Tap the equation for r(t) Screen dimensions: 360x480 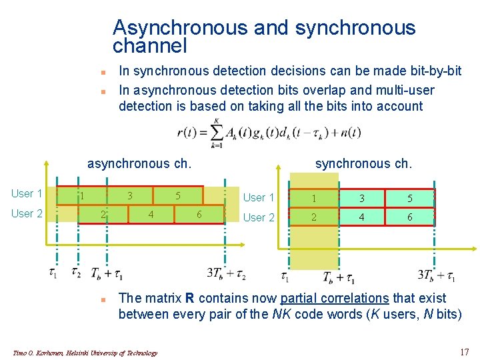[269, 133]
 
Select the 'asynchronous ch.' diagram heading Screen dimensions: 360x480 [140, 163]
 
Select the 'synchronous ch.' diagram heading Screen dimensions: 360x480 [364, 163]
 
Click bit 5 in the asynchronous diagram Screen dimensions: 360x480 [178, 196]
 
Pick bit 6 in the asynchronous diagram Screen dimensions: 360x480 [199, 214]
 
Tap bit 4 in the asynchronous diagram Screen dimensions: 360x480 [151, 214]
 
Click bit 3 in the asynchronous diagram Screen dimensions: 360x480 [131, 196]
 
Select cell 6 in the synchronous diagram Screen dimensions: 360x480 [410, 217]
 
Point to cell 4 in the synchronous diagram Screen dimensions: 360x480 [363, 217]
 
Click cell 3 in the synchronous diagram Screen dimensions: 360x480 [363, 198]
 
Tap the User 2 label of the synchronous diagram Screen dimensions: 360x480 [259, 217]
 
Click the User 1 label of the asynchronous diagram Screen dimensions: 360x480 [27, 194]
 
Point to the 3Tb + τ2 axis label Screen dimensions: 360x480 [227, 273]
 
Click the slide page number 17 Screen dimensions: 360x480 [465, 351]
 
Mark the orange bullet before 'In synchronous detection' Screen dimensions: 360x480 [103, 71]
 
